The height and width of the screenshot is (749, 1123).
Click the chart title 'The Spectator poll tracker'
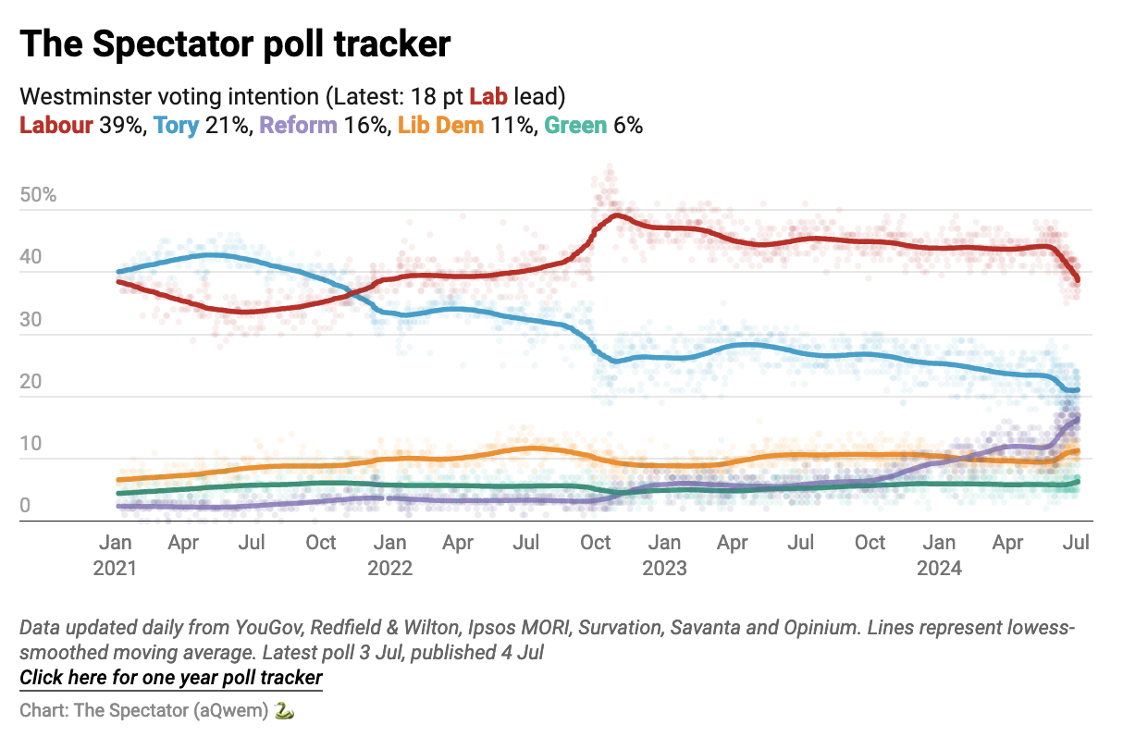(x=235, y=44)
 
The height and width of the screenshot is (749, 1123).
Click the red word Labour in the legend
(x=56, y=125)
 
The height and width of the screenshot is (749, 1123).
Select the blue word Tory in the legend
(x=177, y=125)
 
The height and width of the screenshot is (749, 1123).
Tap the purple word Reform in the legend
(x=299, y=125)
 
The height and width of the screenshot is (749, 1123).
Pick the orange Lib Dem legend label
(x=440, y=125)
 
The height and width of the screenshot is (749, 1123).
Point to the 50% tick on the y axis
(x=38, y=195)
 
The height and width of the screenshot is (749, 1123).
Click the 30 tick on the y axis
(x=31, y=320)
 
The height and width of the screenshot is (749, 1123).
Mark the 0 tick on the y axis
(x=25, y=507)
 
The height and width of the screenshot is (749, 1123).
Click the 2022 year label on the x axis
(x=390, y=568)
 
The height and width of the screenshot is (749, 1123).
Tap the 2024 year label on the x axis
(x=939, y=568)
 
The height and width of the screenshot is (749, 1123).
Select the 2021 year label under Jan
(x=115, y=568)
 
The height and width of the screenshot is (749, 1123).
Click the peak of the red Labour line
(x=616, y=215)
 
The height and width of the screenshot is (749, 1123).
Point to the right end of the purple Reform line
(x=1078, y=419)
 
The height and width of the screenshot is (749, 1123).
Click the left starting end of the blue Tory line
(x=118, y=272)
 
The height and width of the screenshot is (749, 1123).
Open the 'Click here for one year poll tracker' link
(x=171, y=678)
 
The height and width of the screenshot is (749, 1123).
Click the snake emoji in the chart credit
(x=284, y=710)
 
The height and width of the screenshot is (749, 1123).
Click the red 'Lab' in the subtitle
(x=488, y=96)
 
